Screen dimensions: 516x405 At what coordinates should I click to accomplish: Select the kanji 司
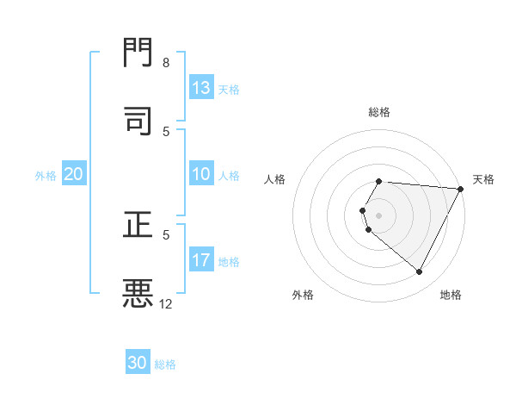[138, 121]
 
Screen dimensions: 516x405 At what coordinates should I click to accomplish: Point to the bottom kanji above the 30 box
[138, 293]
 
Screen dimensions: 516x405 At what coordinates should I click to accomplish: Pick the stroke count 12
[166, 303]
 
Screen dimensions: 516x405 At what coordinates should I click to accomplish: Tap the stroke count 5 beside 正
[166, 234]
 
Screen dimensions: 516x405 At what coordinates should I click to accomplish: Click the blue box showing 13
[201, 88]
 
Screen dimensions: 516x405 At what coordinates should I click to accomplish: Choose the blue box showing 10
[201, 174]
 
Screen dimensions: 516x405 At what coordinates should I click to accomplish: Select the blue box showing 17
[201, 260]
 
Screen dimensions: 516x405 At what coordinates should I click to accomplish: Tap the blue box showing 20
[74, 174]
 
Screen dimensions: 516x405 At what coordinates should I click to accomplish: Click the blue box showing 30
[138, 363]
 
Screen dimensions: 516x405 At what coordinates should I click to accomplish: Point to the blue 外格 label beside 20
[46, 175]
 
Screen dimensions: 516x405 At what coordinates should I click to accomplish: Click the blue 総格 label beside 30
[165, 364]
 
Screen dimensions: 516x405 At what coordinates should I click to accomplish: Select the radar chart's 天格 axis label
[483, 179]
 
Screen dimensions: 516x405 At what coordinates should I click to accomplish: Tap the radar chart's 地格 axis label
[451, 295]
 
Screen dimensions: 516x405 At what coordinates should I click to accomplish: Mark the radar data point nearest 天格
[461, 190]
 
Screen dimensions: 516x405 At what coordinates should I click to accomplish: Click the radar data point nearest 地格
[420, 272]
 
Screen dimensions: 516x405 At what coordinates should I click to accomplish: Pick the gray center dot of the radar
[379, 215]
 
